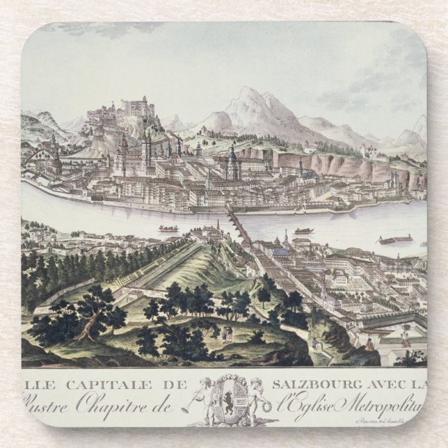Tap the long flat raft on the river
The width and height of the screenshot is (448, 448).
point(395,240)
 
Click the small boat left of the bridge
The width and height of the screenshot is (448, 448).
point(168,228)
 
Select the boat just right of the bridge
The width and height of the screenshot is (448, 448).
point(303,230)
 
